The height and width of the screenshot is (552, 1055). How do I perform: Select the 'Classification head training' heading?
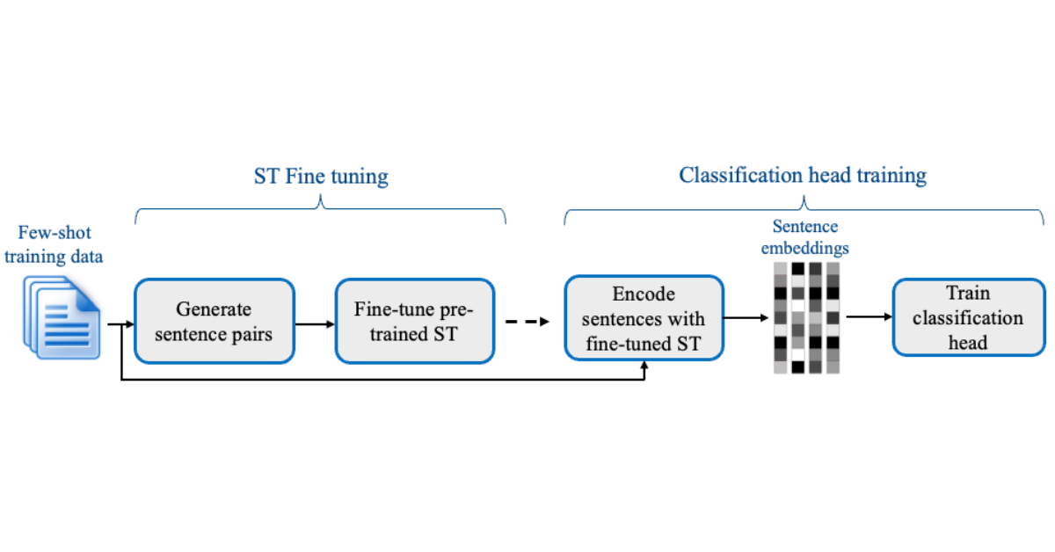tap(802, 175)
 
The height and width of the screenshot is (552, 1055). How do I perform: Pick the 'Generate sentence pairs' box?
tap(214, 321)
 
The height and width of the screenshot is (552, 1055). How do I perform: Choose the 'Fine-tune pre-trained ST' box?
tap(414, 321)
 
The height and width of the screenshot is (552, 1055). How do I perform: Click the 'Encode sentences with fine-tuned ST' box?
tap(644, 317)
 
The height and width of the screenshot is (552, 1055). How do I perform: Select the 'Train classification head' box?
tap(967, 317)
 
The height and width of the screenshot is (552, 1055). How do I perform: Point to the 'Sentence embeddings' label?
tap(805, 237)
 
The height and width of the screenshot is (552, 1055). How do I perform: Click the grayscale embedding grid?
tap(804, 316)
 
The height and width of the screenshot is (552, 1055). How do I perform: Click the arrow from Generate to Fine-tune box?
tap(314, 323)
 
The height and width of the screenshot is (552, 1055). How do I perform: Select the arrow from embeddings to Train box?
tap(865, 318)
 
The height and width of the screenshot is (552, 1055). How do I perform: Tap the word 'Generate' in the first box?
tap(214, 309)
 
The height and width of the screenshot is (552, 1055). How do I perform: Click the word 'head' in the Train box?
tap(967, 342)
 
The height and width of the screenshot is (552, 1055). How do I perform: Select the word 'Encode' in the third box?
tap(644, 293)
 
